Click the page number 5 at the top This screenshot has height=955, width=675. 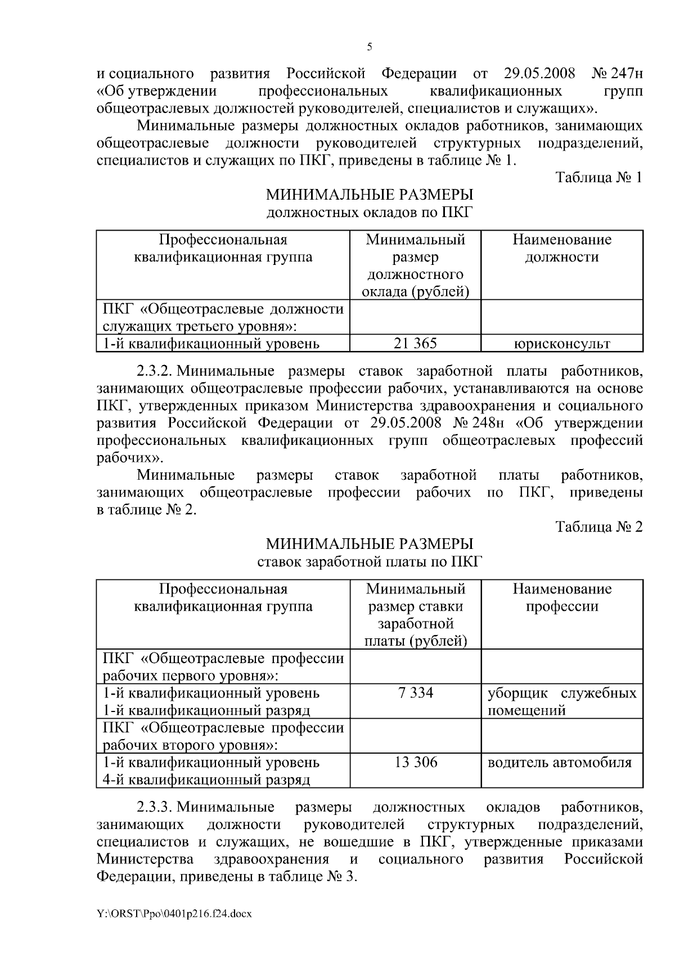pyautogui.click(x=369, y=47)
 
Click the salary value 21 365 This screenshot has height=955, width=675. pyautogui.click(x=415, y=343)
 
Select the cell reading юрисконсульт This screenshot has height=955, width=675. pyautogui.click(x=562, y=344)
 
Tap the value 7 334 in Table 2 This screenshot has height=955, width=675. pyautogui.click(x=415, y=692)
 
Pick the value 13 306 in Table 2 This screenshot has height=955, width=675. pyautogui.click(x=415, y=762)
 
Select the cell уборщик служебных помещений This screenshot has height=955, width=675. pyautogui.click(x=561, y=701)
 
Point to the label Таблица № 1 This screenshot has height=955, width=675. pyautogui.click(x=598, y=178)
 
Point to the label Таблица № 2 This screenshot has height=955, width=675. pyautogui.click(x=598, y=527)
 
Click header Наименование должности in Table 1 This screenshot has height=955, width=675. pyautogui.click(x=561, y=249)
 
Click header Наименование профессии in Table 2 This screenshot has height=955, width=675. pyautogui.click(x=561, y=598)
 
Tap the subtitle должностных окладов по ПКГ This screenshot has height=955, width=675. pyautogui.click(x=369, y=213)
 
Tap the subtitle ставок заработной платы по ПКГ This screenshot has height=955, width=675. pyautogui.click(x=369, y=562)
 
